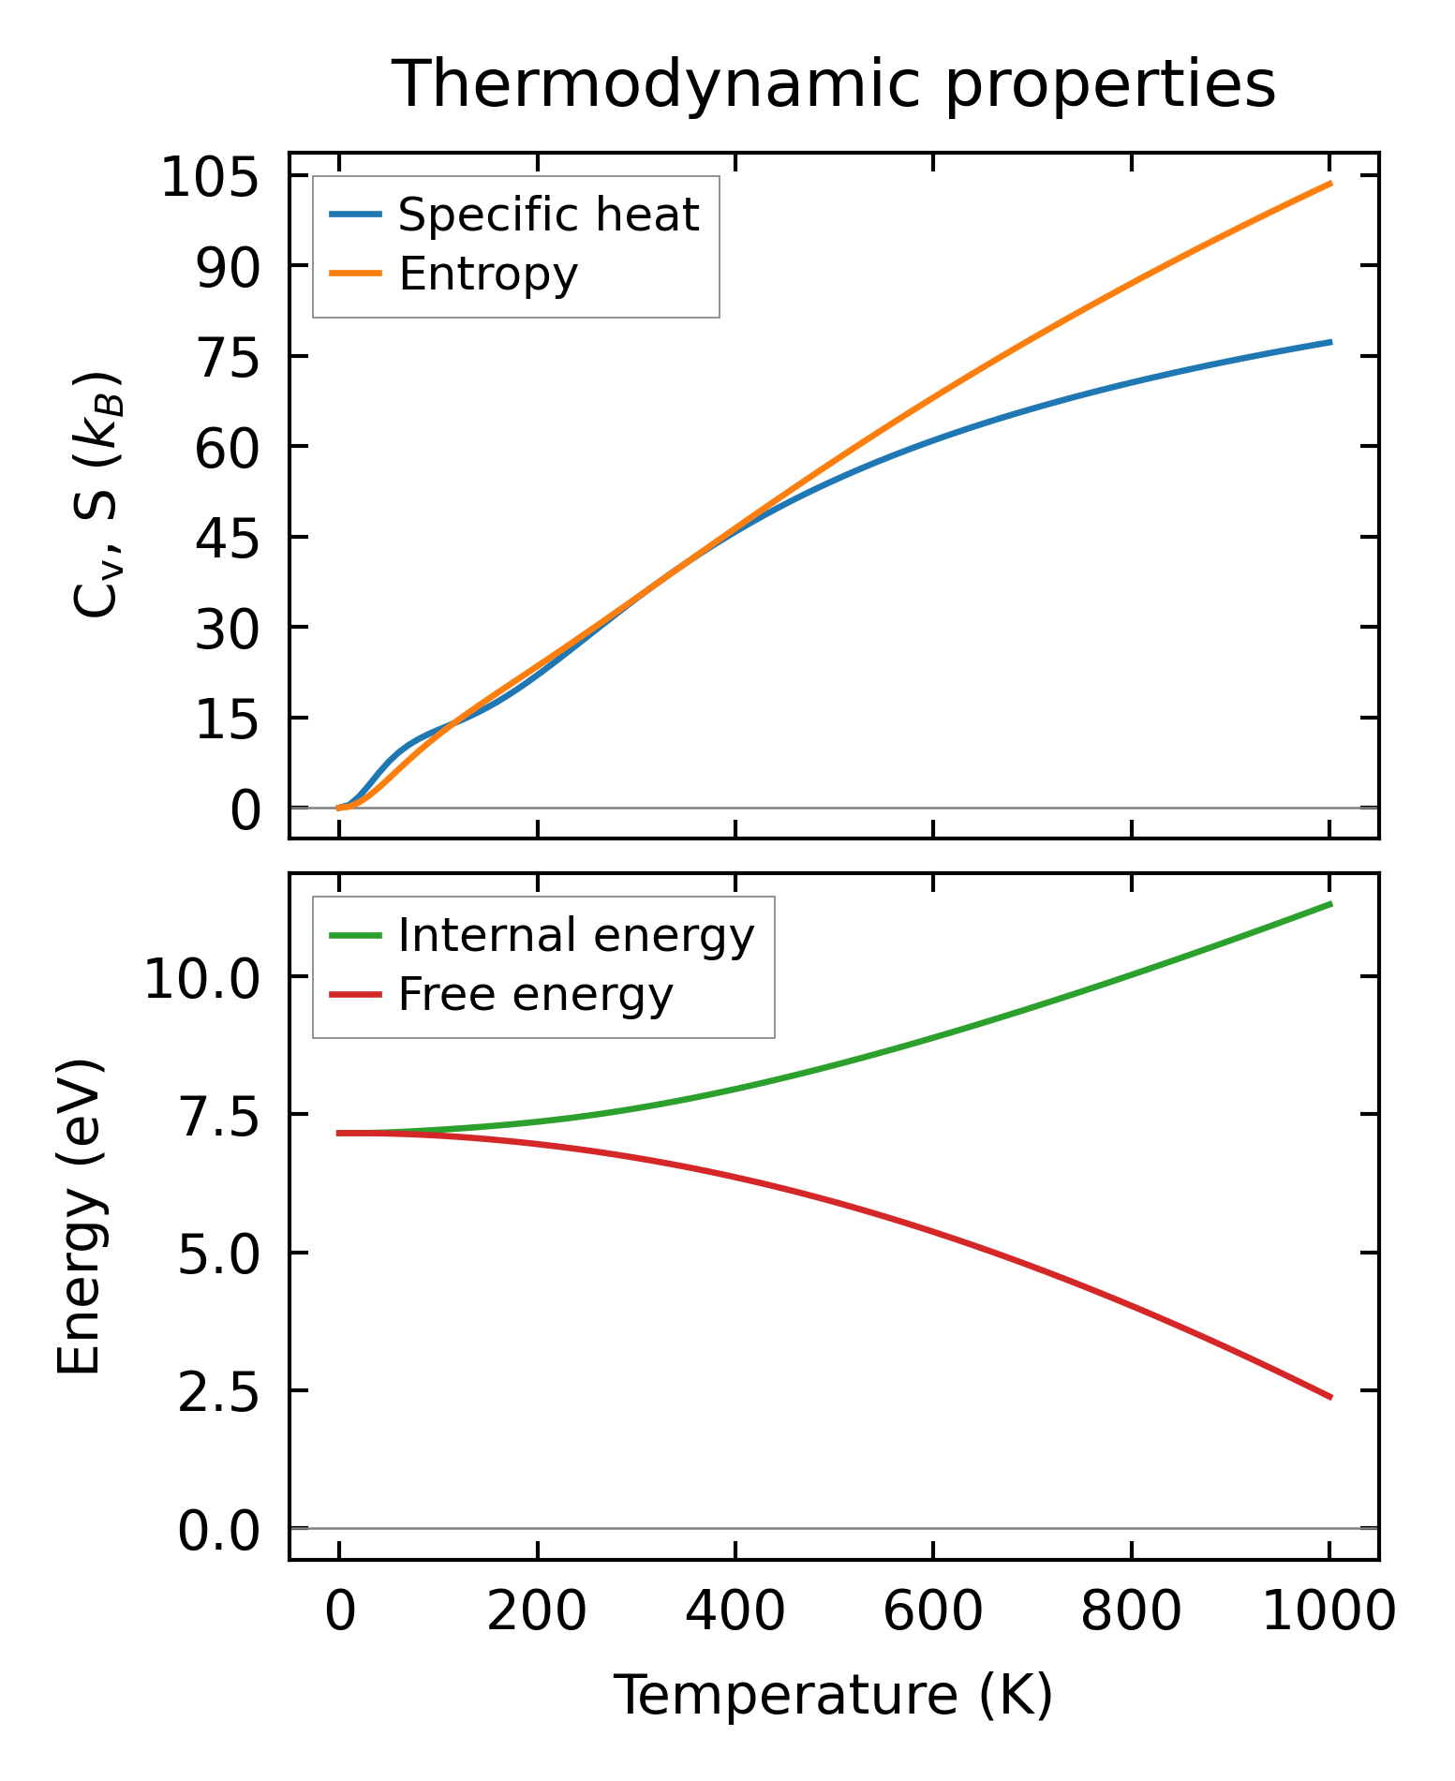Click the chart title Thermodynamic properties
[833, 84]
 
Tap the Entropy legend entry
[488, 274]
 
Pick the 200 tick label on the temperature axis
[537, 1611]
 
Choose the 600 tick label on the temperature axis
[933, 1611]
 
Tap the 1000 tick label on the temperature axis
[1329, 1611]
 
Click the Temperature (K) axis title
[833, 1695]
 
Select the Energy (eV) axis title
[79, 1217]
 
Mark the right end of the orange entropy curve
[1330, 184]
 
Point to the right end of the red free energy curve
[1330, 1397]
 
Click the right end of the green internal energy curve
[1330, 904]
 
